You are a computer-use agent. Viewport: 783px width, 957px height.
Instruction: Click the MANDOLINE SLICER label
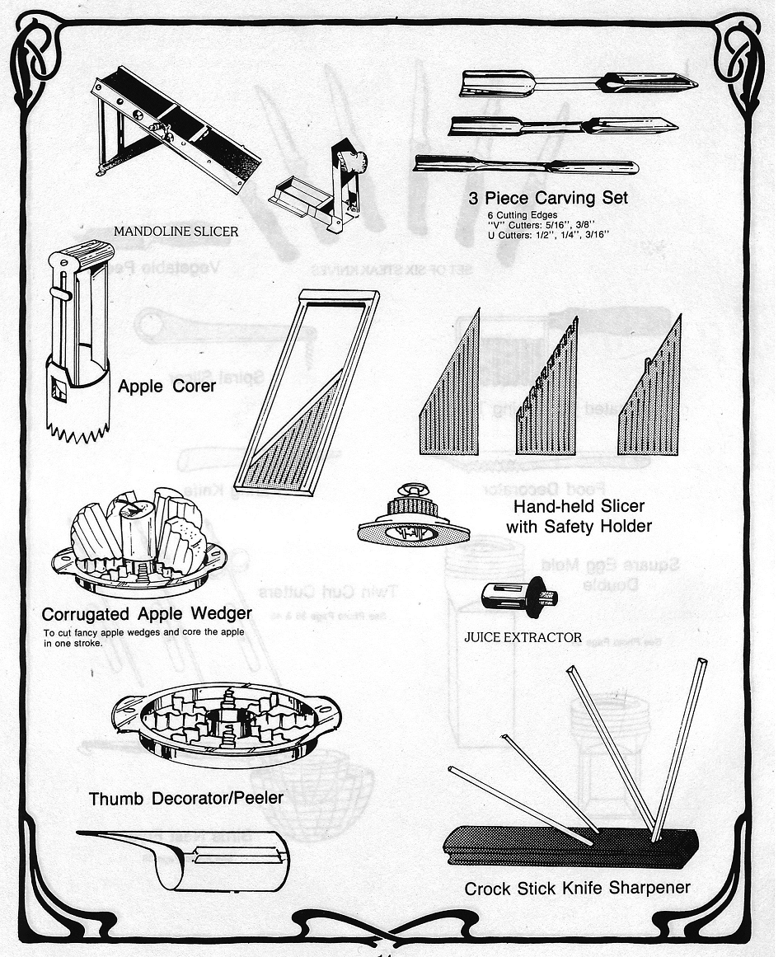[176, 232]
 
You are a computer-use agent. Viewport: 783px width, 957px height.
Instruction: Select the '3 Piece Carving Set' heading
[548, 198]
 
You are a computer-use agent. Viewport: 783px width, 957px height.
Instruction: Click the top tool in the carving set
[577, 83]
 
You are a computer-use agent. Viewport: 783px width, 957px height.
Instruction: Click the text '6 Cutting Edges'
[523, 215]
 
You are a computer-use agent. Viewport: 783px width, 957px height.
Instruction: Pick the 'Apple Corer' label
[166, 386]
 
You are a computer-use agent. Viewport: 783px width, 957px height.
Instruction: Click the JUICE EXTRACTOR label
[523, 637]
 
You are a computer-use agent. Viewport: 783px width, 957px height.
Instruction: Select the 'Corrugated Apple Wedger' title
[147, 614]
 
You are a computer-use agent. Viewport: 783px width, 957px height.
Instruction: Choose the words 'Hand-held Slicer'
[579, 506]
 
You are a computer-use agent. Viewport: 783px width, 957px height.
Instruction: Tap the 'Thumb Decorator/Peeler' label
[186, 798]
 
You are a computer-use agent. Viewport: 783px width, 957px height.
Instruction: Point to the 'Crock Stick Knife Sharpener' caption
[577, 888]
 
